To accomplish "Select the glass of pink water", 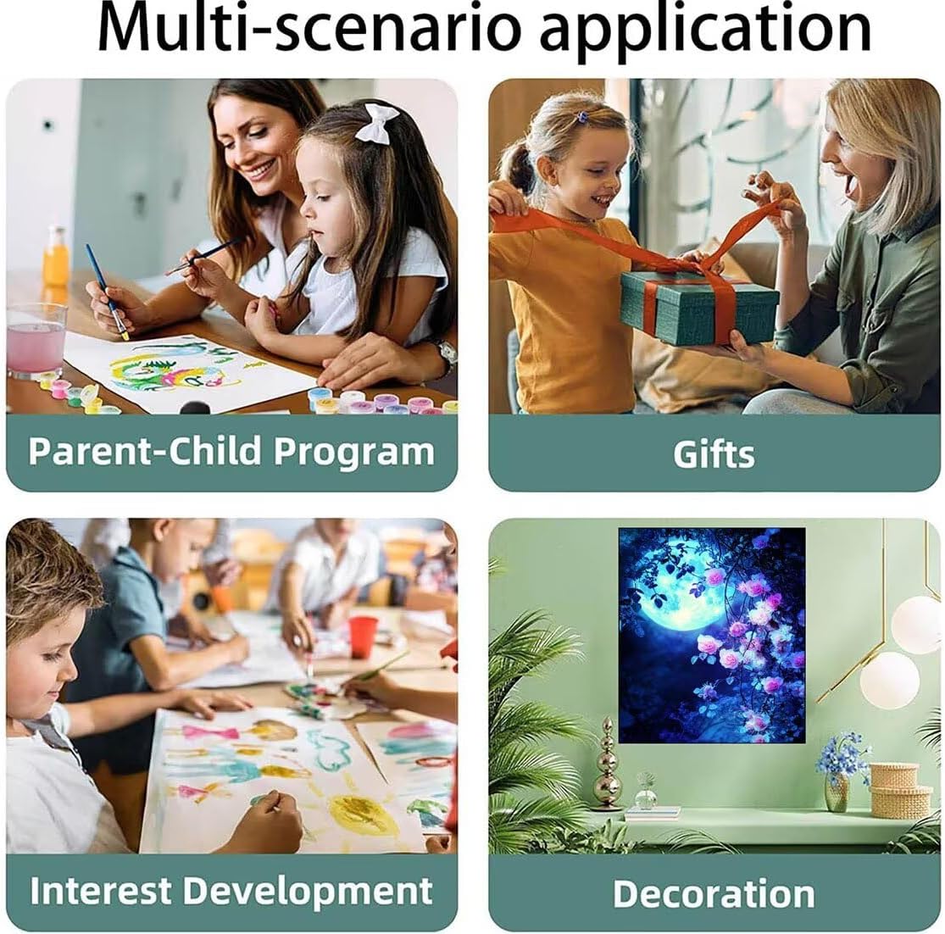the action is [36, 340].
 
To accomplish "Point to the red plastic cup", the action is [363, 637].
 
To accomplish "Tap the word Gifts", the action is [714, 454].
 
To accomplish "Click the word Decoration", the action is [714, 893].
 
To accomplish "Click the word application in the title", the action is [706, 31].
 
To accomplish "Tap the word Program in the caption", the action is [354, 453].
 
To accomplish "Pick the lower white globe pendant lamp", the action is [890, 681].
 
